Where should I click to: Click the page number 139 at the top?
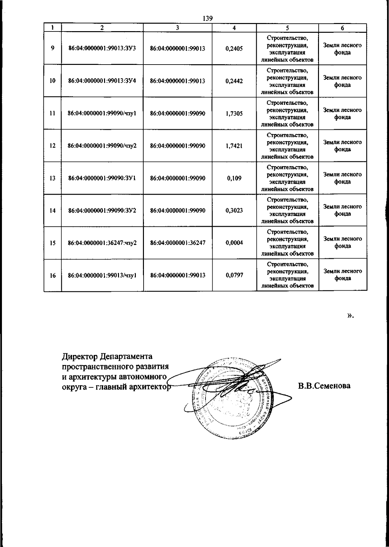[x=207, y=18]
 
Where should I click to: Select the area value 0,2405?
[x=234, y=49]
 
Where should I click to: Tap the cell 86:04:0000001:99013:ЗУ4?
[x=102, y=81]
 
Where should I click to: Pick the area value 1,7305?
[x=234, y=114]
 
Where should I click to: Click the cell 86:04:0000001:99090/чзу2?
[x=102, y=146]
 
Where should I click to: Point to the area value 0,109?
[x=234, y=178]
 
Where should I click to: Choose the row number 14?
[x=53, y=211]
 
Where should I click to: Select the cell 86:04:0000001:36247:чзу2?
[x=102, y=243]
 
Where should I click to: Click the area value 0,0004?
[x=234, y=243]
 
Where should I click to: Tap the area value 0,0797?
[x=234, y=275]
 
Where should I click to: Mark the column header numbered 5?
[x=287, y=28]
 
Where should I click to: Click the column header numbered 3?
[x=178, y=28]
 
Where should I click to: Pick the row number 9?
[x=53, y=49]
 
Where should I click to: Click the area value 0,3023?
[x=234, y=211]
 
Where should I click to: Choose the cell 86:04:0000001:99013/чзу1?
[x=102, y=275]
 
